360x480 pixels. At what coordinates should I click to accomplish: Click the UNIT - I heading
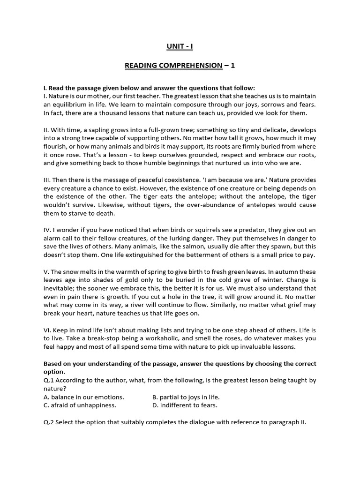(x=180, y=46)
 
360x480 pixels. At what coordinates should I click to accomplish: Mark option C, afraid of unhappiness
(x=80, y=405)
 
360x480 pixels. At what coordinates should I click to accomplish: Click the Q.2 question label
(x=49, y=421)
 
